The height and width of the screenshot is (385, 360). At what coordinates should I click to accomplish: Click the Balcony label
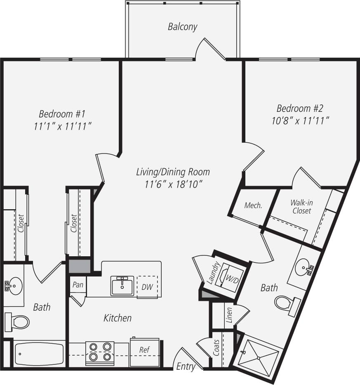click(182, 27)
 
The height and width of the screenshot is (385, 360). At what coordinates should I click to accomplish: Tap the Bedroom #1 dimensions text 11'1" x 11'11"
click(62, 126)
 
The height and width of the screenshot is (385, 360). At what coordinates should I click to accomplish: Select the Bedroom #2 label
click(300, 109)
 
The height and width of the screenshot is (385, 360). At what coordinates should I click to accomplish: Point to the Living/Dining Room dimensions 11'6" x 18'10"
click(173, 184)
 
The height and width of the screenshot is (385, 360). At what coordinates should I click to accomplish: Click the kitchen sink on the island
click(122, 286)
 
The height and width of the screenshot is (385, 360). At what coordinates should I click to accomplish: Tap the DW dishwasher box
click(147, 286)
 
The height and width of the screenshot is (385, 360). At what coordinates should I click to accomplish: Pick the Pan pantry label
click(78, 285)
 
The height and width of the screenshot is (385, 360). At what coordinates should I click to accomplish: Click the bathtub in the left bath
click(39, 354)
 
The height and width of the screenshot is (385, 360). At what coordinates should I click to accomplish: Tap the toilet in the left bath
click(17, 321)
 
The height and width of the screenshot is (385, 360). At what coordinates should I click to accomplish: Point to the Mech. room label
click(253, 205)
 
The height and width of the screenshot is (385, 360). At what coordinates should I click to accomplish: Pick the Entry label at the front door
click(186, 366)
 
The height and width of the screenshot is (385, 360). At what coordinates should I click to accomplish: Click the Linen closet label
click(230, 315)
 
